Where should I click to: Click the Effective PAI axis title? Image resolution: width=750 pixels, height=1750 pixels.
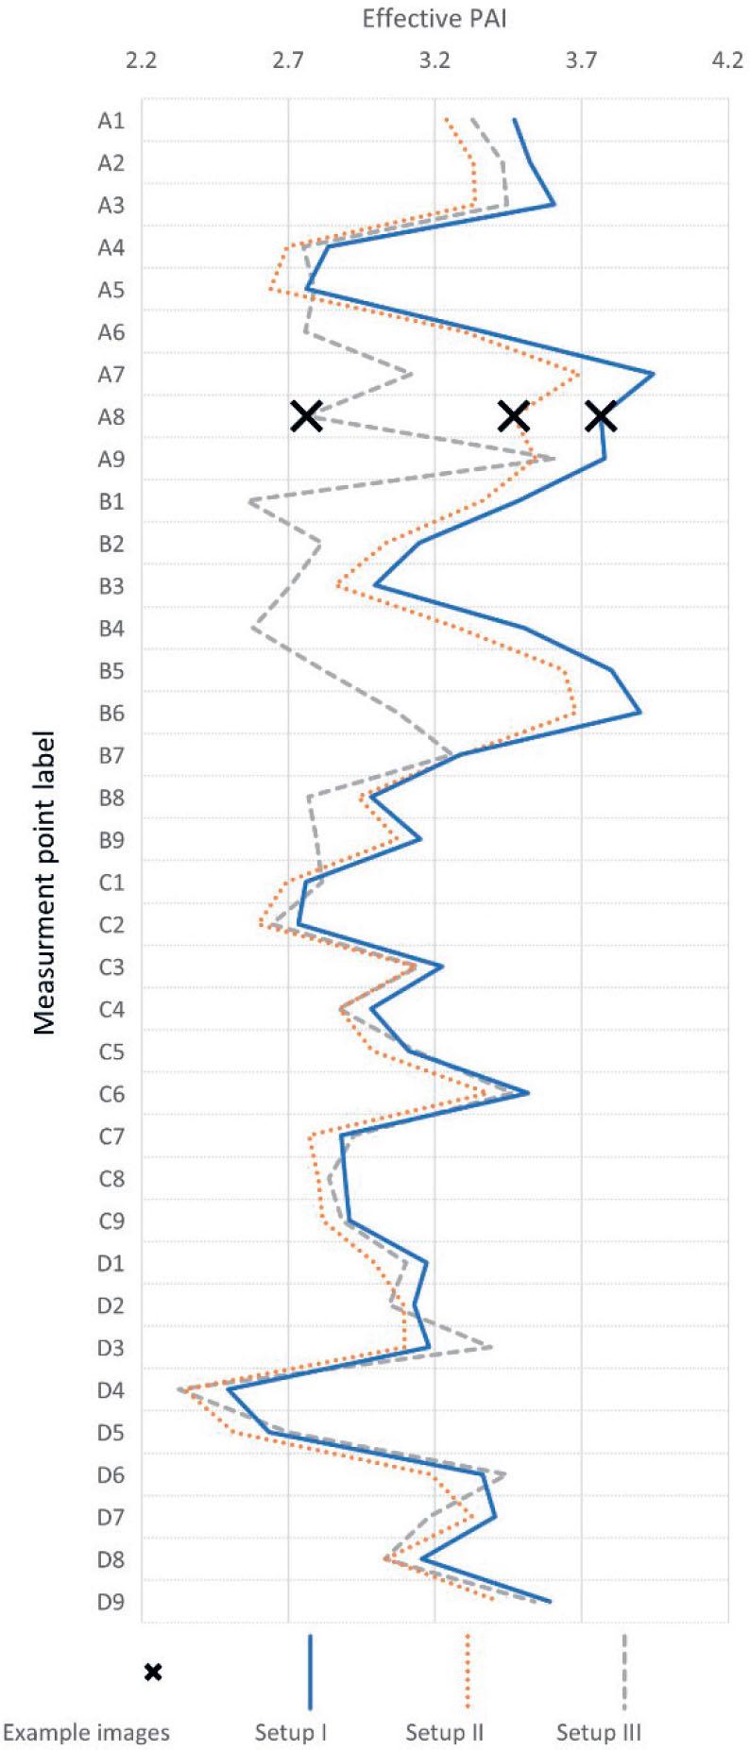coord(435,18)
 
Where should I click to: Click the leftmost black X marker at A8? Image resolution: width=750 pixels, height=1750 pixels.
coord(305,415)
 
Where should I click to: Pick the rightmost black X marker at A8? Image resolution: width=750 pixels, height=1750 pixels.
coord(601,415)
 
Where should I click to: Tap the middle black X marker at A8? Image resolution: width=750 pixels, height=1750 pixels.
coord(513,415)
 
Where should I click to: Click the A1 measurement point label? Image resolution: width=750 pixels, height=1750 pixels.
coord(111,121)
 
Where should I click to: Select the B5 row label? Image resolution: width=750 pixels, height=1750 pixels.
coord(111,671)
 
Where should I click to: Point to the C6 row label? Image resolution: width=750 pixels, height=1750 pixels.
coord(111,1095)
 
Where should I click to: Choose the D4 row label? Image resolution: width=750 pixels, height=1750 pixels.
coord(111,1390)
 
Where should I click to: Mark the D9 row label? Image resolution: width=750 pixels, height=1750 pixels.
coord(111,1602)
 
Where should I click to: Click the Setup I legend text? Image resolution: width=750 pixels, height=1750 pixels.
coord(291,1733)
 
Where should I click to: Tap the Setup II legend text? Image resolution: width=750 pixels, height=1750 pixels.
coord(445,1733)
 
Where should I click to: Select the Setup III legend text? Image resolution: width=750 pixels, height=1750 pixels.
coord(599,1733)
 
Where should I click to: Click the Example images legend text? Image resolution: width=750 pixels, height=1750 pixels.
coord(86,1733)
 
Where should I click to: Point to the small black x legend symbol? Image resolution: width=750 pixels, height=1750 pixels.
coord(153,1672)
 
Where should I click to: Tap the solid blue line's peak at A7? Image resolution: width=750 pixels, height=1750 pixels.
coord(654,375)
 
